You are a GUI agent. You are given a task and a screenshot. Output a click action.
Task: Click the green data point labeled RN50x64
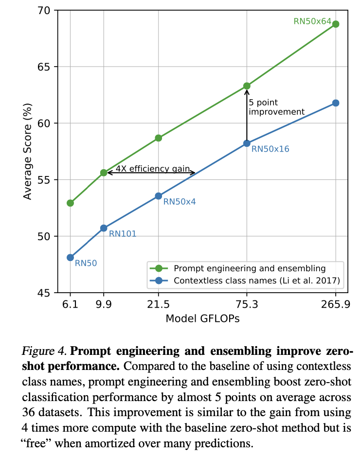[336, 24]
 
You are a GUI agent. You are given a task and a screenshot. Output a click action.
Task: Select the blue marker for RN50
[70, 257]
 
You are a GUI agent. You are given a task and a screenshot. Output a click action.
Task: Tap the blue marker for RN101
[104, 228]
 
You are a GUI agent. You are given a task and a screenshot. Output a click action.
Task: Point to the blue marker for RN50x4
[158, 196]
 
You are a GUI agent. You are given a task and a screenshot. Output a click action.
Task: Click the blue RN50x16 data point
[247, 143]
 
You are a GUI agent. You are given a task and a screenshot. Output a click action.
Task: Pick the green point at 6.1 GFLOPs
[70, 203]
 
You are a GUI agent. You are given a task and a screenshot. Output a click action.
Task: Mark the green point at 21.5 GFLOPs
[158, 138]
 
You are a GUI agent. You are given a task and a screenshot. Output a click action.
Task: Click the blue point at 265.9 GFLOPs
[336, 103]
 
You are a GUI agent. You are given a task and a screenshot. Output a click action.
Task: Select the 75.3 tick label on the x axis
[247, 304]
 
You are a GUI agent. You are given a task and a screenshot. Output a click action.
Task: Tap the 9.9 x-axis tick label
[104, 304]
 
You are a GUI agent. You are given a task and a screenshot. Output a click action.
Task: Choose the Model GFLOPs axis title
[203, 319]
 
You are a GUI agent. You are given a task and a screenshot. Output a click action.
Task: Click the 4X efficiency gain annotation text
[152, 169]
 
